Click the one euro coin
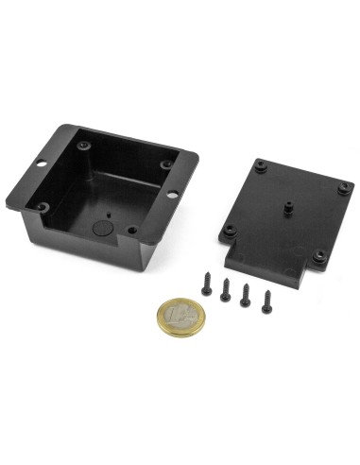click(x=180, y=315)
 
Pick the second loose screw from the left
click(x=226, y=288)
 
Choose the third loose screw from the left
click(x=247, y=294)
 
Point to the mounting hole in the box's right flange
click(x=174, y=195)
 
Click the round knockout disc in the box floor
click(x=101, y=227)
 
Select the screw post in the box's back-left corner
click(x=86, y=144)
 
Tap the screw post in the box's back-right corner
click(x=166, y=164)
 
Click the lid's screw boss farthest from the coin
click(x=260, y=164)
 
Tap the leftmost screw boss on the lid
click(x=228, y=230)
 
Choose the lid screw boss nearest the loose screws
click(x=228, y=230)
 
